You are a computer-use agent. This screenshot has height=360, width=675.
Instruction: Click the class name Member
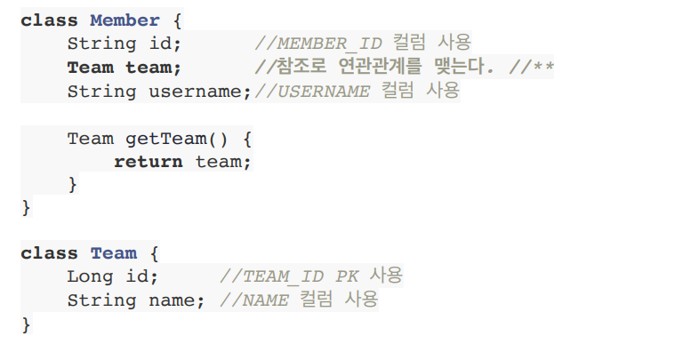(125, 20)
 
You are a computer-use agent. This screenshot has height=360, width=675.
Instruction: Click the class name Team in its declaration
(113, 252)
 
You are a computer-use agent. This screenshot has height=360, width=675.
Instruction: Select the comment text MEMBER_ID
(328, 44)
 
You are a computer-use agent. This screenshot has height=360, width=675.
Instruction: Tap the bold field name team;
(153, 68)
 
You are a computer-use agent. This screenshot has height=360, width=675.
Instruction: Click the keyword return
(148, 162)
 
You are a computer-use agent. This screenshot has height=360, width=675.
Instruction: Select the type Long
(89, 276)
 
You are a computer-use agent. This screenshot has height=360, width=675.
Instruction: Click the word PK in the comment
(346, 276)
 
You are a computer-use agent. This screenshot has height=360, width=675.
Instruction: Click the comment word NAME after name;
(264, 300)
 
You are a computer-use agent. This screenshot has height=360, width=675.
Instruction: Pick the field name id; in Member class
(165, 44)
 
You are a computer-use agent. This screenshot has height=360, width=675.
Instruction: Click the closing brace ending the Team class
(26, 324)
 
